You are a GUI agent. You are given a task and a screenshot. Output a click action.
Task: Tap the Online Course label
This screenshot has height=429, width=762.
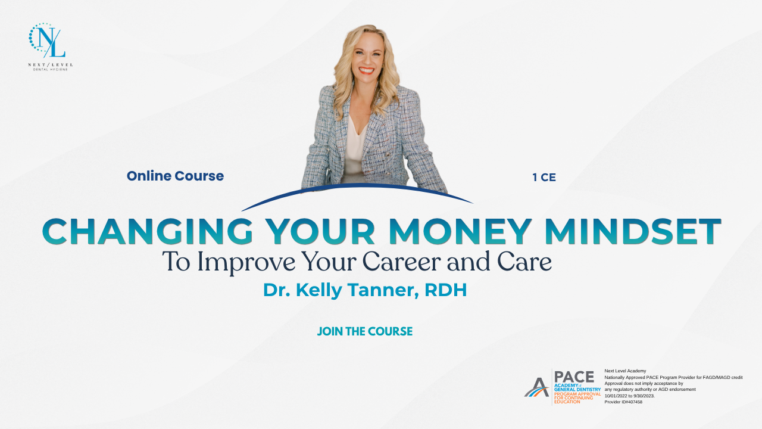[x=175, y=176]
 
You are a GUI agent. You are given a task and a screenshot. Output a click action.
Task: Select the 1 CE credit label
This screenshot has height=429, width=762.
[x=544, y=178]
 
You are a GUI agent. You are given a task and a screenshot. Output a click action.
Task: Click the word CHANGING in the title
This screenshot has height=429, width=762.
[x=148, y=232]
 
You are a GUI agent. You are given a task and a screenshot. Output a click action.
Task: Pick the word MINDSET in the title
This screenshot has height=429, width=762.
[x=633, y=232]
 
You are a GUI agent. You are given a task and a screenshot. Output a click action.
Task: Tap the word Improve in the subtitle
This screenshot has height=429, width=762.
[x=246, y=263]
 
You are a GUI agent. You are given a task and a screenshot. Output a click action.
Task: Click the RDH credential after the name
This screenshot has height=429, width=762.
[x=446, y=290]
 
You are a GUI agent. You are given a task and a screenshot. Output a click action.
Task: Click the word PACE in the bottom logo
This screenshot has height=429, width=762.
[x=574, y=377]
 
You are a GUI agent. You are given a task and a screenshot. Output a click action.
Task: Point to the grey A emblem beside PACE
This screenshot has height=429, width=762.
[x=536, y=387]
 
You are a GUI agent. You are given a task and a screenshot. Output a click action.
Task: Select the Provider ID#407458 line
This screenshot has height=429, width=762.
[x=623, y=402]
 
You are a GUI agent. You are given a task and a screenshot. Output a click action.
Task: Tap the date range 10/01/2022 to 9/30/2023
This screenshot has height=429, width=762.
[x=630, y=396]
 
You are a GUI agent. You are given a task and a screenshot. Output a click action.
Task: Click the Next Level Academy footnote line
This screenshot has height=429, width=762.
[x=625, y=371]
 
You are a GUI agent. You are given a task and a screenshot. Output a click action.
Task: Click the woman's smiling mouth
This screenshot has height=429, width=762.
[x=366, y=70]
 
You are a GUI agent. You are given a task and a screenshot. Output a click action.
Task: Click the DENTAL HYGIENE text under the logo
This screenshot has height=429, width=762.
[x=51, y=70]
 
